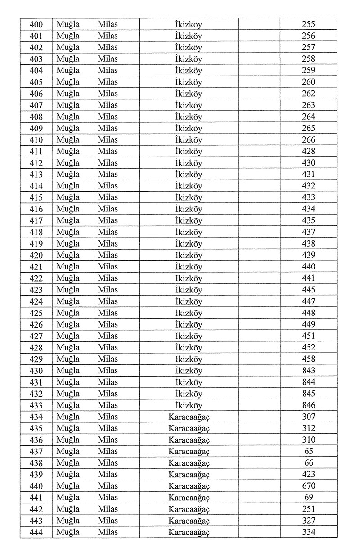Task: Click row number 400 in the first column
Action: click(x=36, y=24)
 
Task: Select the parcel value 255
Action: click(x=308, y=24)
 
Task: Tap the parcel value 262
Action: click(x=308, y=94)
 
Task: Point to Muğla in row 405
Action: click(x=68, y=82)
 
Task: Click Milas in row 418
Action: click(x=108, y=232)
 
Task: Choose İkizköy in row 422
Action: click(x=189, y=278)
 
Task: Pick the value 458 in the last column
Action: click(x=308, y=359)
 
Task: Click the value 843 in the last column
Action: click(x=308, y=371)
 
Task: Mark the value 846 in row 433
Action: click(x=308, y=405)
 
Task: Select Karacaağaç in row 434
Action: click(x=189, y=417)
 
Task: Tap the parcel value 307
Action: click(x=308, y=417)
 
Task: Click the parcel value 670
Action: click(x=308, y=486)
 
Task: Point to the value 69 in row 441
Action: click(x=308, y=498)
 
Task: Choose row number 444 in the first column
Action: click(x=36, y=532)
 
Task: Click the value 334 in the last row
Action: click(x=308, y=532)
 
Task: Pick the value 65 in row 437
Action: click(x=308, y=451)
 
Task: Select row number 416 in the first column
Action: click(x=36, y=209)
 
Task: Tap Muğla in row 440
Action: click(x=68, y=486)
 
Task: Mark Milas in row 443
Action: click(x=108, y=521)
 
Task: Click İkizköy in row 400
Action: click(x=189, y=24)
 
